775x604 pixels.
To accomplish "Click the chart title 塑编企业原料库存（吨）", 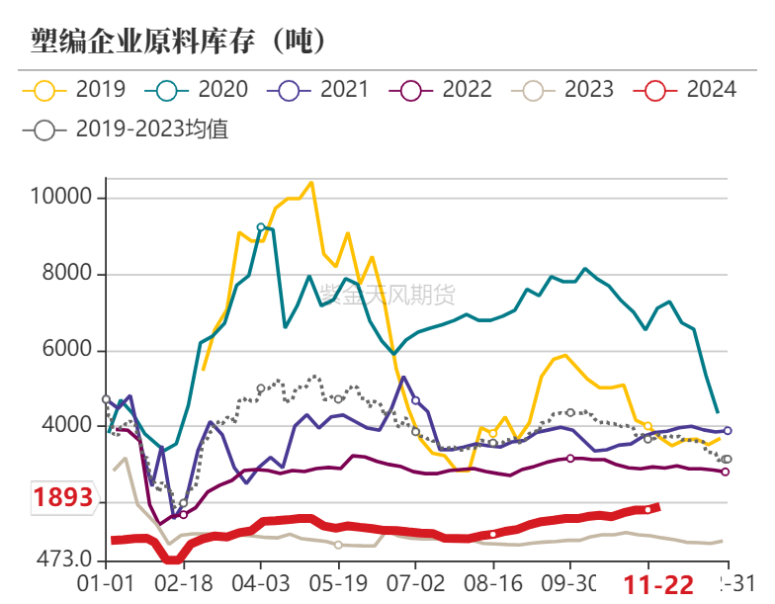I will point(179,41).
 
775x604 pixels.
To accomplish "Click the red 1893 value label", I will point(63,497).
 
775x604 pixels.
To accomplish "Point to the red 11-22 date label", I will point(663,584).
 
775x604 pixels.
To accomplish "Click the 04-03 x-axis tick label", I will point(260,582).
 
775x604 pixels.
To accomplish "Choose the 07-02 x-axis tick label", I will point(414,582).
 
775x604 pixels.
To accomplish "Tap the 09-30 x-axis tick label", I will point(569,582).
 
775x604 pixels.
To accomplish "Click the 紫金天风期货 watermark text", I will point(387,294).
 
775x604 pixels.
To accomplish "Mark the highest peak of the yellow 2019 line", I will point(311,182).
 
